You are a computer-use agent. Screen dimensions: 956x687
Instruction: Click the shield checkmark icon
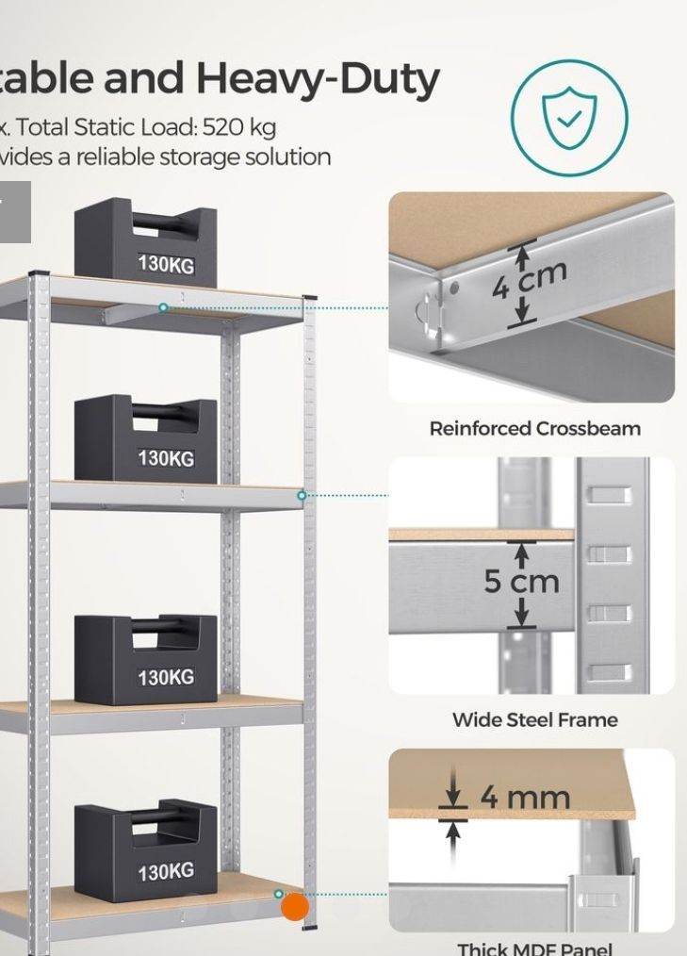[568, 117]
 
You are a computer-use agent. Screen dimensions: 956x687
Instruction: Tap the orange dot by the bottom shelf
[295, 907]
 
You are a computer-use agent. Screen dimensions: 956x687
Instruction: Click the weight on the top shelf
[146, 242]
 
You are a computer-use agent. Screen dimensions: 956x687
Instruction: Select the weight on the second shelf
[146, 439]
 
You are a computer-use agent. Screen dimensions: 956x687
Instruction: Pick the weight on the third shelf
[146, 659]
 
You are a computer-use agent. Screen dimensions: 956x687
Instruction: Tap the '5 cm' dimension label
[522, 581]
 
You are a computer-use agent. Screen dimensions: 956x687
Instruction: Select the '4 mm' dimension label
[524, 798]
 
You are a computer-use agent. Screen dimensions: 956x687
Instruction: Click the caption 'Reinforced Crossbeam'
[534, 428]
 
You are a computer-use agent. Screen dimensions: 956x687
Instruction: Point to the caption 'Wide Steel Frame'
[534, 719]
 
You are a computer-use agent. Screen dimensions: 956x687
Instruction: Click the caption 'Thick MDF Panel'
[534, 948]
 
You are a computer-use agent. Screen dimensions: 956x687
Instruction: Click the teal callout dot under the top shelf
[163, 308]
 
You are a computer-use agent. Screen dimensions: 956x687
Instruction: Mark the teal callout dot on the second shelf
[302, 495]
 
